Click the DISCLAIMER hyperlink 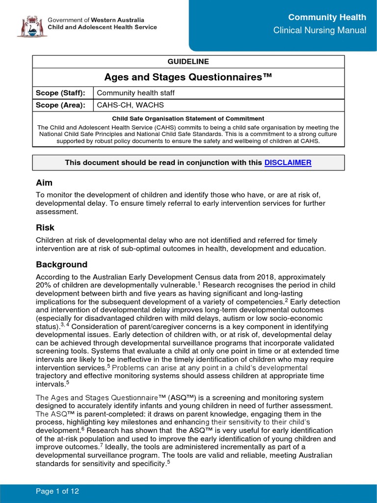[x=288, y=163]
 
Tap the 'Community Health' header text [x=327, y=18]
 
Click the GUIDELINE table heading [x=188, y=61]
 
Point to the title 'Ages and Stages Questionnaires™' [x=188, y=77]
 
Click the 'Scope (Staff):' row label [x=60, y=93]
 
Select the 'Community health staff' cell [x=135, y=93]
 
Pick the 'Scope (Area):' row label [x=60, y=105]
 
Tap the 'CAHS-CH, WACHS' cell [x=130, y=105]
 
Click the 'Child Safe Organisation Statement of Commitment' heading [x=188, y=118]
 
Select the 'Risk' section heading [x=45, y=228]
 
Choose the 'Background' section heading [x=61, y=264]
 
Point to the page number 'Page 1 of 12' [x=58, y=491]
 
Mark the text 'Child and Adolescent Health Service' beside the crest [x=102, y=28]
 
